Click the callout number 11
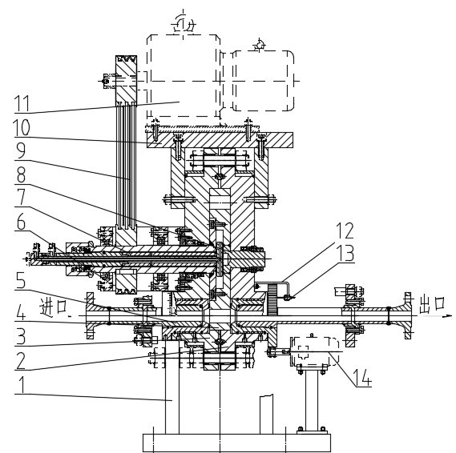point(22,103)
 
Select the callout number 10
point(22,128)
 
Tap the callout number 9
point(21,150)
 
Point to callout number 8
point(21,174)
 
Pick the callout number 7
point(21,198)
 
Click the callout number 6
point(21,222)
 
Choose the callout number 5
point(20,280)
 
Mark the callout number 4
point(20,312)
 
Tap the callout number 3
point(21,336)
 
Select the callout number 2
point(20,361)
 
